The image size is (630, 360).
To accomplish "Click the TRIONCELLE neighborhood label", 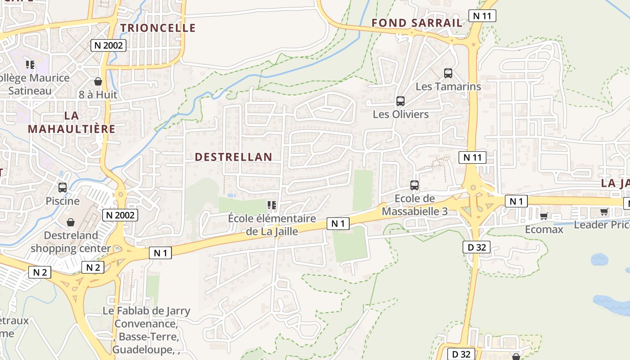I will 158,28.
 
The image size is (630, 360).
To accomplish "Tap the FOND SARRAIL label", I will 417,23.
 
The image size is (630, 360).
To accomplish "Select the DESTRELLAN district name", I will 234,157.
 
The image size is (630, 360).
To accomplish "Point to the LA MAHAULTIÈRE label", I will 72,122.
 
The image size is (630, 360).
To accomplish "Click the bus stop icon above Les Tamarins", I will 448,73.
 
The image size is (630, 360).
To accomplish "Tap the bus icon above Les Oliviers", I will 400,101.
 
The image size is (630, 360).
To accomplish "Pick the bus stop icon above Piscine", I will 63,188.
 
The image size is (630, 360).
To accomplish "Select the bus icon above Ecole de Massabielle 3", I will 414,185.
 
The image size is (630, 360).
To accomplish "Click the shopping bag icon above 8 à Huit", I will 98,81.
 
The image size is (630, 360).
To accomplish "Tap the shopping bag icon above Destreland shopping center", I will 71,222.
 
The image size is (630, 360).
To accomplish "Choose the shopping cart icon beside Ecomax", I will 544,216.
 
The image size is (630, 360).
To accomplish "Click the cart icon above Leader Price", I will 604,211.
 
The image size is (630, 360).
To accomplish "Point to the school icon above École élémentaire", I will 271,206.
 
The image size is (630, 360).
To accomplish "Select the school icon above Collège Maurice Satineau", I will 30,65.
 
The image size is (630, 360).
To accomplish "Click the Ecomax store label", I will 544,229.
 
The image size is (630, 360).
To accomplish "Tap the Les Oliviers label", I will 400,114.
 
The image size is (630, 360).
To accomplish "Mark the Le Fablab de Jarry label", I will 146,311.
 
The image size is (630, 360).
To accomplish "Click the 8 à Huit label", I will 98,95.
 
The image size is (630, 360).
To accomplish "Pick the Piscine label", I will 63,201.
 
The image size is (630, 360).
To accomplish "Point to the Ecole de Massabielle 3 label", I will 414,205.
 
